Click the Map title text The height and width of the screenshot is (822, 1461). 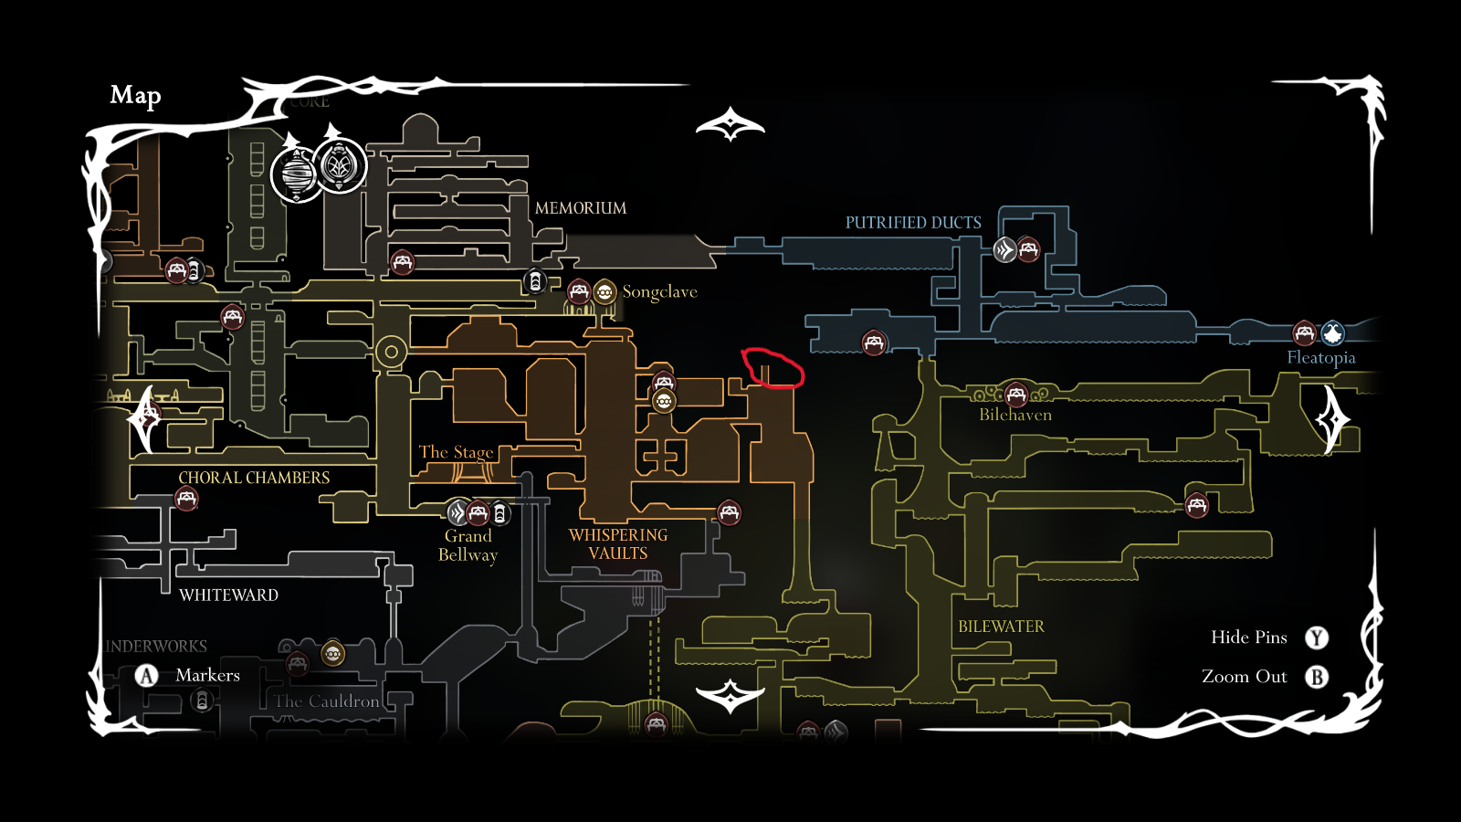point(135,95)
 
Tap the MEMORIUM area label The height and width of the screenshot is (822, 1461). point(581,208)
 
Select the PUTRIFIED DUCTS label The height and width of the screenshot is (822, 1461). point(913,223)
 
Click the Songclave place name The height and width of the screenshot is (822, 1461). point(659,292)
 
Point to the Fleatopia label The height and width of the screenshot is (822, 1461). point(1320,358)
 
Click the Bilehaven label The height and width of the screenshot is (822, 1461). point(1015,415)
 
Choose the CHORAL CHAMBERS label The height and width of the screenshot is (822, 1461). point(254,478)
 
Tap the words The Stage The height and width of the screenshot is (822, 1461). point(456,452)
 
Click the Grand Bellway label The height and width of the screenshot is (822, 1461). point(468,545)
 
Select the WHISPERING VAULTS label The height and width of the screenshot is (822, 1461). point(618,544)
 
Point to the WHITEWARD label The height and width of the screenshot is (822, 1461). point(228,595)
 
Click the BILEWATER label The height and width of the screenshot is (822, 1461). point(1001,627)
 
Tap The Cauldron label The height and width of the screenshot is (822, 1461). point(327,701)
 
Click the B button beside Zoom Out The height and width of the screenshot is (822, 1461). point(1317,677)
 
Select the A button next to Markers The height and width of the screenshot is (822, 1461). point(147,676)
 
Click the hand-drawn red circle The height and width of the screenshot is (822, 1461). point(773,368)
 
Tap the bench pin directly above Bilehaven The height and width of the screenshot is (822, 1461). point(1015,395)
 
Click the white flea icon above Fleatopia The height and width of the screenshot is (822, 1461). point(1332,333)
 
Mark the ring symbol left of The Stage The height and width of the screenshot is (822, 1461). point(392,352)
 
